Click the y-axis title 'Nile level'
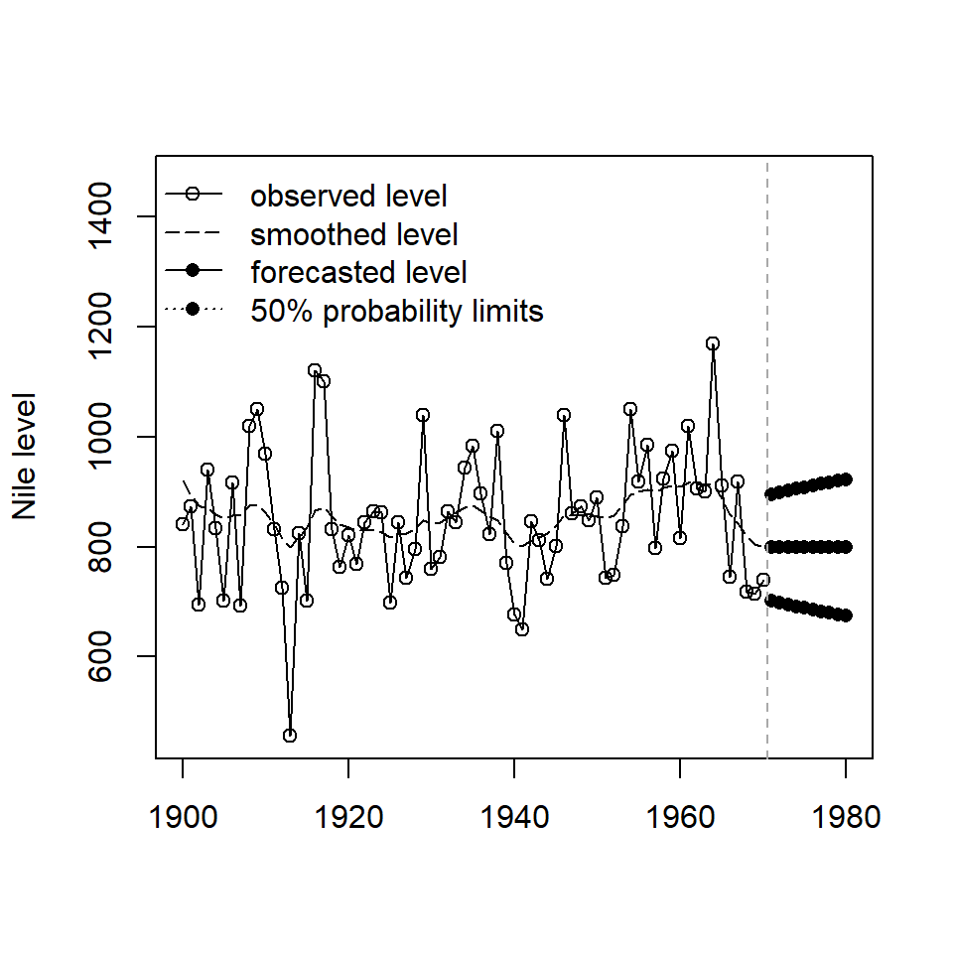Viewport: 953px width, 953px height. tap(25, 456)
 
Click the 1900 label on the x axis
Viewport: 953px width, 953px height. tap(183, 819)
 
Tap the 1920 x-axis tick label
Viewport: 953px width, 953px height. tap(348, 819)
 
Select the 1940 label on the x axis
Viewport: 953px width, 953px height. tap(514, 819)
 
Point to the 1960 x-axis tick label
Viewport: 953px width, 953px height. tap(680, 819)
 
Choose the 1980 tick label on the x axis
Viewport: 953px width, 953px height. tap(846, 819)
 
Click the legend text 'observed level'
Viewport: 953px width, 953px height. tap(348, 196)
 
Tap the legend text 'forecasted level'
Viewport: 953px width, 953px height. tap(358, 272)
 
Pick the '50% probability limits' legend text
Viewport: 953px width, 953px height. tap(397, 311)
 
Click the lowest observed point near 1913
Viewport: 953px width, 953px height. tap(290, 736)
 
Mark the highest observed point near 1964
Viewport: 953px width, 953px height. tap(713, 343)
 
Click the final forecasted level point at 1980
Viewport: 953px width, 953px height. tap(846, 547)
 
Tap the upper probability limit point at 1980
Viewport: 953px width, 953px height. tap(846, 479)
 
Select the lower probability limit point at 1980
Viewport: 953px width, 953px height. tap(846, 615)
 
